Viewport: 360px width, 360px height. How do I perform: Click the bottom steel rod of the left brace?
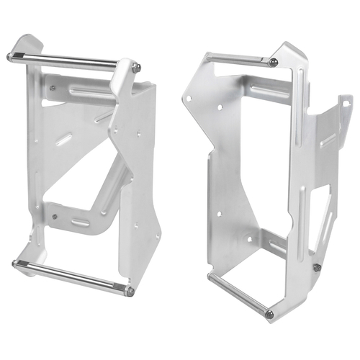(x=72, y=276)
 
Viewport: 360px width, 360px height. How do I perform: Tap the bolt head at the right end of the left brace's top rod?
(x=136, y=68)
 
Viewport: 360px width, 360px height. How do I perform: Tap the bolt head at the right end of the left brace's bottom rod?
(x=130, y=291)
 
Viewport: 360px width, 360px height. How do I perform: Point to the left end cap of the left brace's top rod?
(x=10, y=56)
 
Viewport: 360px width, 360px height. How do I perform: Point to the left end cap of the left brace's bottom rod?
(x=15, y=264)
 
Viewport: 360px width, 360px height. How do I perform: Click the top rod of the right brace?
(x=238, y=59)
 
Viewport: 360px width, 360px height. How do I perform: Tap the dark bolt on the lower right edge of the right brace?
(x=317, y=268)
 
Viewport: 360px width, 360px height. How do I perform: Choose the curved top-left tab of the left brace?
(x=29, y=42)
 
